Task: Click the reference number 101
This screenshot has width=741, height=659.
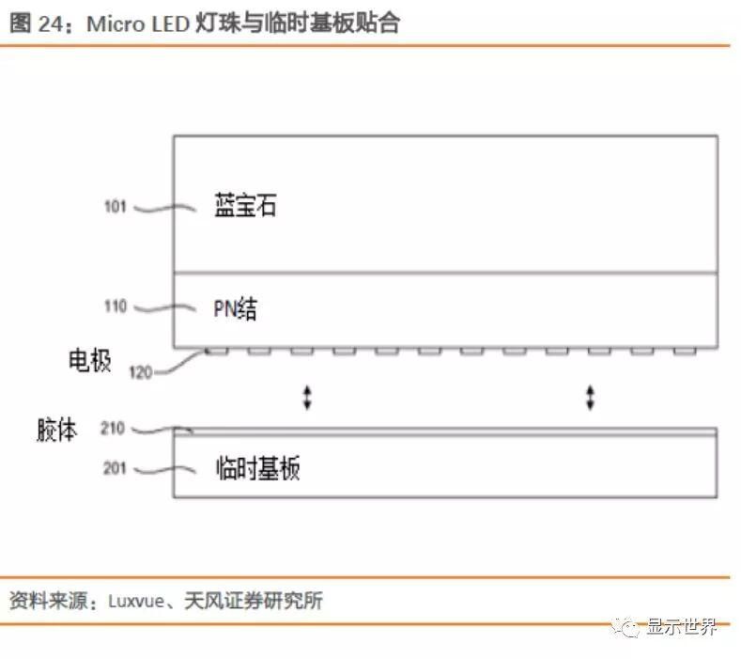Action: (x=115, y=207)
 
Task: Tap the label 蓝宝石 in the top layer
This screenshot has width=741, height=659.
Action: (x=245, y=207)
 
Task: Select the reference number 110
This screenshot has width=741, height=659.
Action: (x=115, y=306)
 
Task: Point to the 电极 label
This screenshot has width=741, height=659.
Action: (x=91, y=360)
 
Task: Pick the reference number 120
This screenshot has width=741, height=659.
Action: (x=140, y=372)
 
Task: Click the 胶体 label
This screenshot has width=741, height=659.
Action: (x=57, y=431)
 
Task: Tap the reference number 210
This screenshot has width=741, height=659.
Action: (x=115, y=431)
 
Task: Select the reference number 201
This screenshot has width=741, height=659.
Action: (x=115, y=466)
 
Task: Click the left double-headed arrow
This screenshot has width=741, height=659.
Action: (x=306, y=397)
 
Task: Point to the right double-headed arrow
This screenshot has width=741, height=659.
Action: (x=590, y=397)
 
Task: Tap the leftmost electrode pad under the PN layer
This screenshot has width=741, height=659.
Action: (x=217, y=352)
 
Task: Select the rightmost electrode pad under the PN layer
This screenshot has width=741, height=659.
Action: (x=685, y=352)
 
